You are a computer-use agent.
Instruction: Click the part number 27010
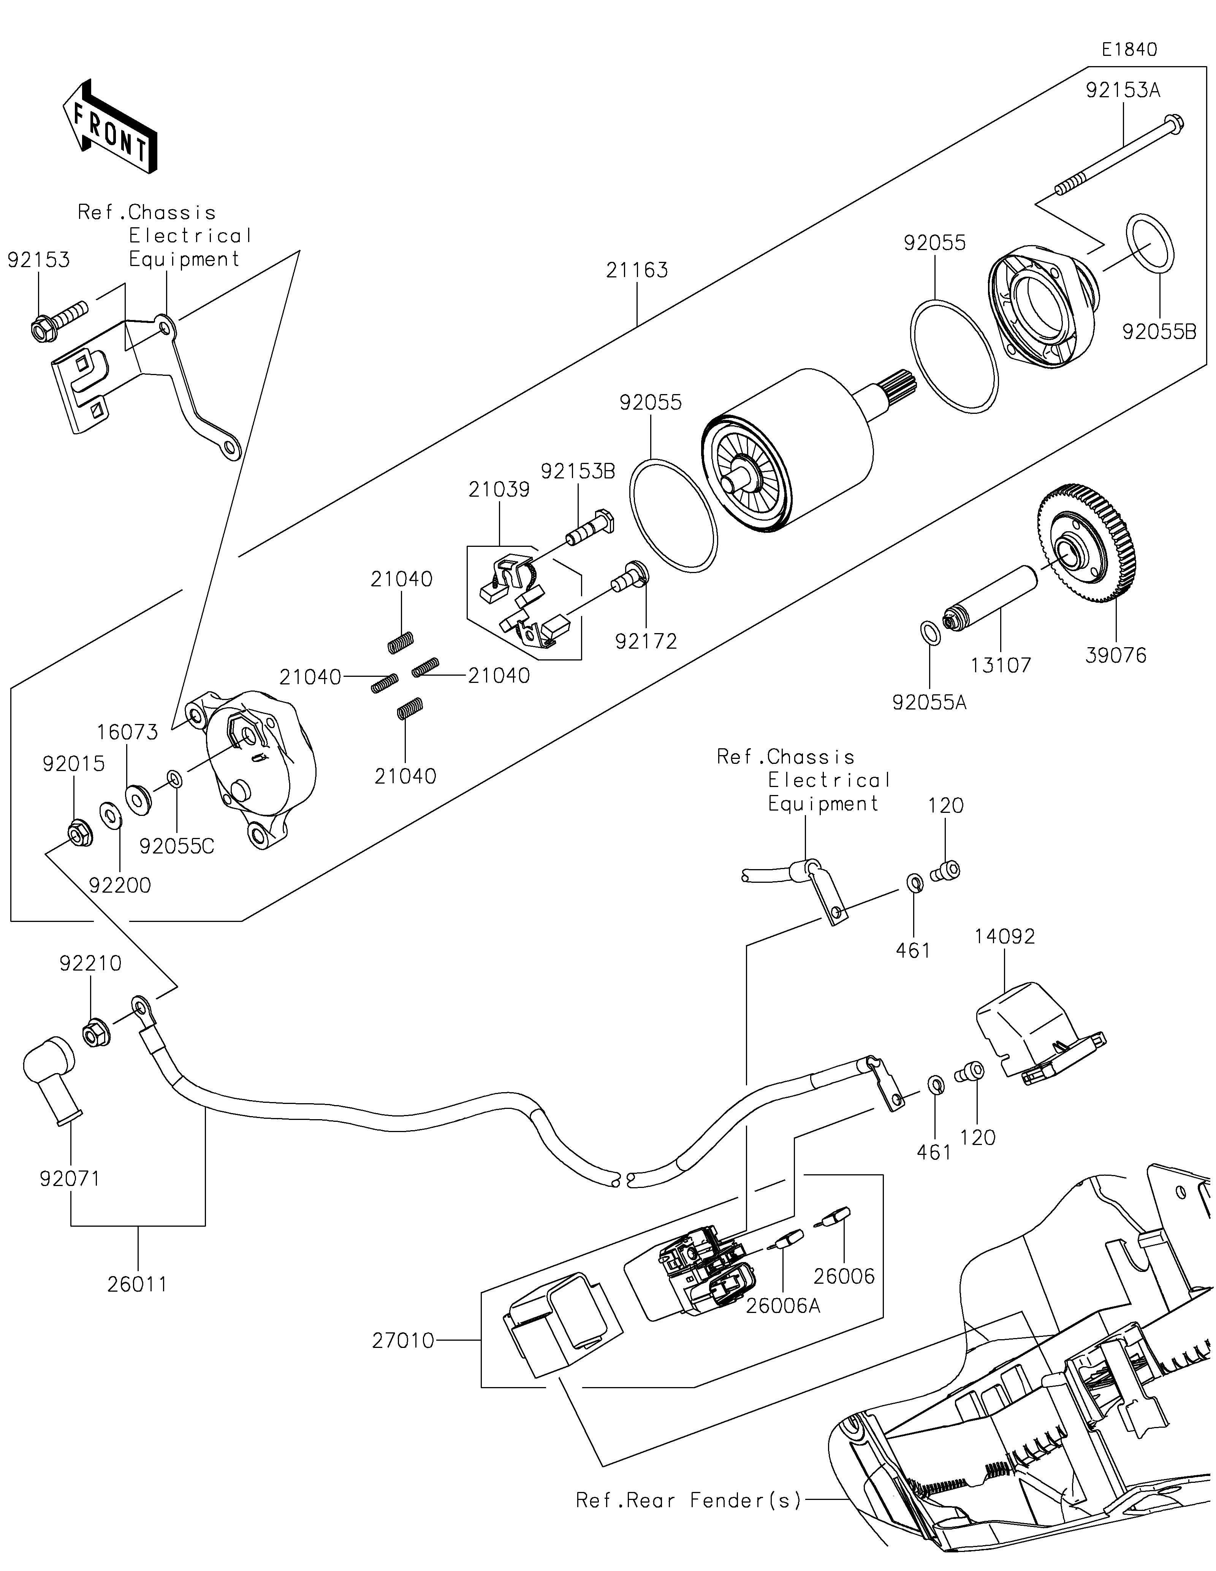(x=403, y=1341)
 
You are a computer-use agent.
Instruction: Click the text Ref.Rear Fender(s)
(x=688, y=1500)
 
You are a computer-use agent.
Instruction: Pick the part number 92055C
(x=177, y=847)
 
